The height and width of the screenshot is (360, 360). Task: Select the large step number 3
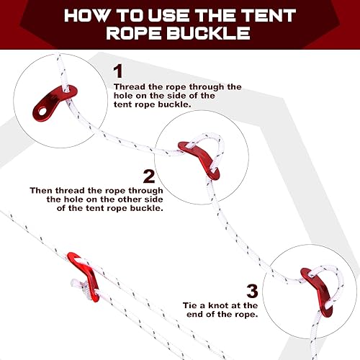click(x=252, y=291)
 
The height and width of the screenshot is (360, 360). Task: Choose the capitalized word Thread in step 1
click(x=129, y=86)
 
